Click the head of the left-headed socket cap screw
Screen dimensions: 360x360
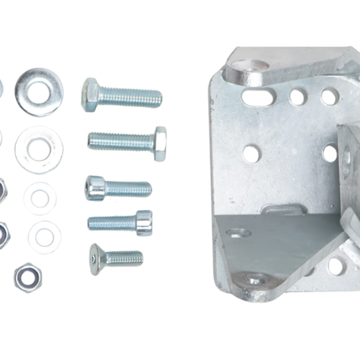tap(94, 187)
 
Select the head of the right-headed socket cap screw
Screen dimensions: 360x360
tap(143, 222)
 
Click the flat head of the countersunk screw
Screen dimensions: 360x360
tap(95, 259)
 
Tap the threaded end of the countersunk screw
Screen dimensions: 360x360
tap(125, 259)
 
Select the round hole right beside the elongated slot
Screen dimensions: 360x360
tap(297, 97)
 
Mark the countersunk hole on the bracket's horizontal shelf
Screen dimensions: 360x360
tap(239, 232)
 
